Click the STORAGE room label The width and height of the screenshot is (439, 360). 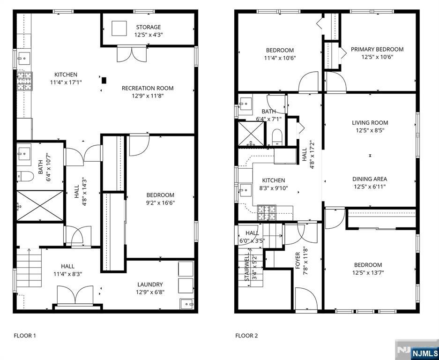[x=149, y=27]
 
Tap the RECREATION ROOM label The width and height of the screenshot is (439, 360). [x=148, y=88]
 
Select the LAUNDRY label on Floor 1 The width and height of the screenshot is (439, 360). [x=150, y=285]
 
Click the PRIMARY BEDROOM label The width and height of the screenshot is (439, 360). [x=377, y=50]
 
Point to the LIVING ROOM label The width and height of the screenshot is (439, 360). [x=370, y=123]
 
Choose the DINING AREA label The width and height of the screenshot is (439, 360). [x=370, y=179]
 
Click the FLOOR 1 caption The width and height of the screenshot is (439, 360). [x=25, y=336]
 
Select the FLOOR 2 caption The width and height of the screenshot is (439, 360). [x=246, y=336]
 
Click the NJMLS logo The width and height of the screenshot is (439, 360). [x=417, y=350]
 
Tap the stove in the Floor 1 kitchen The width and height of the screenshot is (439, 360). [x=25, y=81]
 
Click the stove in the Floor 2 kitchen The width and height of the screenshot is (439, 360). [x=267, y=213]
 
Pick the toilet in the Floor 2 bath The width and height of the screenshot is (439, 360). [x=277, y=137]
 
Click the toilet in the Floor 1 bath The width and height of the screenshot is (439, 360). [x=25, y=176]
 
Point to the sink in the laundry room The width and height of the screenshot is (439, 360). [x=187, y=304]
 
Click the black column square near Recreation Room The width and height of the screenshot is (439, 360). [x=104, y=81]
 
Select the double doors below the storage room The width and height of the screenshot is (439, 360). [x=132, y=53]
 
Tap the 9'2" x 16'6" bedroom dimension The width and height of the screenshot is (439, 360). [x=160, y=203]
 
